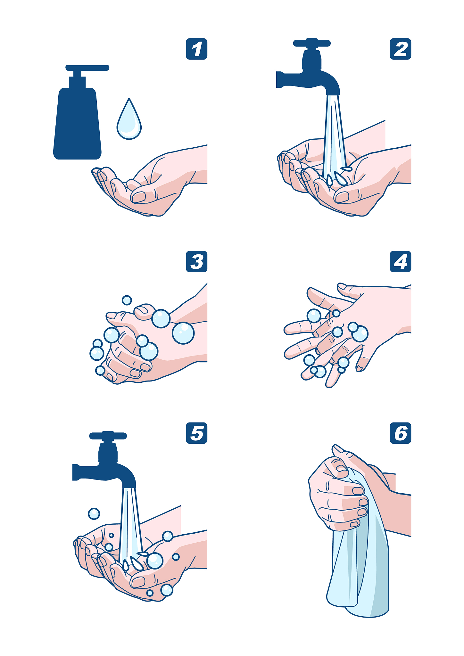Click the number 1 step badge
click(196, 49)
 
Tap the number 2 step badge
click(400, 49)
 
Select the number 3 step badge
click(196, 262)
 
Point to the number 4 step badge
click(400, 262)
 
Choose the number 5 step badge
click(196, 433)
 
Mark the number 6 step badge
click(400, 433)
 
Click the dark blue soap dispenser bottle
click(78, 122)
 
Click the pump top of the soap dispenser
click(87, 68)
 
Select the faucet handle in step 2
click(312, 43)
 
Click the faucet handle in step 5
click(108, 436)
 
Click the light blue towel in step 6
click(362, 564)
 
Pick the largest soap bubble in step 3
click(183, 333)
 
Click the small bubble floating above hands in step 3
click(127, 300)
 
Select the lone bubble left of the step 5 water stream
click(94, 513)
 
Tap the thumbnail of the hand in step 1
click(139, 197)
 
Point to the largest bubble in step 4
click(360, 334)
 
